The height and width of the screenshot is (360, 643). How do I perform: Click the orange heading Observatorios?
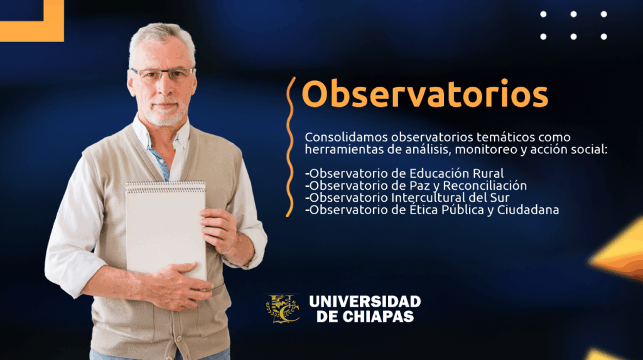pyautogui.click(x=425, y=94)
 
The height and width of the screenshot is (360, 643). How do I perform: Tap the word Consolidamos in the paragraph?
pyautogui.click(x=346, y=137)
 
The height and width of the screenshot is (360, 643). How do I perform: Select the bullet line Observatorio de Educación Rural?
pyautogui.click(x=404, y=173)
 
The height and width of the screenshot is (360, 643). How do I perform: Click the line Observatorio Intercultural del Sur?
pyautogui.click(x=407, y=198)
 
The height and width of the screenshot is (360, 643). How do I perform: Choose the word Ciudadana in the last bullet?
pyautogui.click(x=528, y=210)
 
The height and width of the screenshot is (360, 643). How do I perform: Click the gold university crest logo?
pyautogui.click(x=283, y=308)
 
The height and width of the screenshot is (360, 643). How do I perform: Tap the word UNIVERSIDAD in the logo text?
pyautogui.click(x=365, y=302)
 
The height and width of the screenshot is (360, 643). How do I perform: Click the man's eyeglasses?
pyautogui.click(x=163, y=74)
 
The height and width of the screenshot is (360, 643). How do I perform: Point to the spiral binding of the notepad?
pyautogui.click(x=166, y=187)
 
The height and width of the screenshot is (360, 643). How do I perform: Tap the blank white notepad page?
pyautogui.click(x=166, y=230)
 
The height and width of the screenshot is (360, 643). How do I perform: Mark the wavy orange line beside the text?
pyautogui.click(x=290, y=146)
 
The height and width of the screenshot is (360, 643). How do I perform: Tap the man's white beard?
pyautogui.click(x=166, y=114)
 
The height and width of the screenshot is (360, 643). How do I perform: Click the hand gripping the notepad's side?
pyautogui.click(x=220, y=230)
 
